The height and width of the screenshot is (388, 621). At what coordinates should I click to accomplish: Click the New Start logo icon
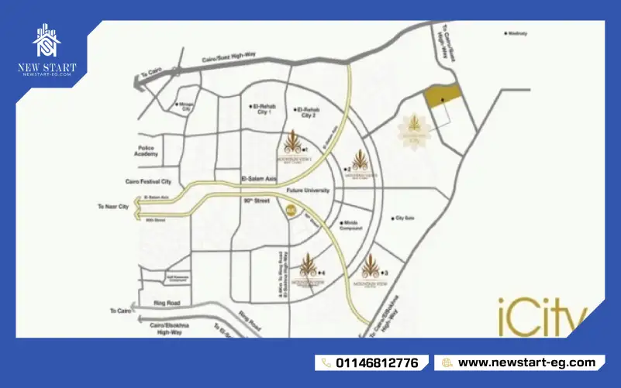pyautogui.click(x=47, y=43)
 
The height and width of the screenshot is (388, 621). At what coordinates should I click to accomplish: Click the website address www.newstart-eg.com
pyautogui.click(x=526, y=362)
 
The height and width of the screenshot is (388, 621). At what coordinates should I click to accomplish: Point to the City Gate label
pyautogui.click(x=405, y=218)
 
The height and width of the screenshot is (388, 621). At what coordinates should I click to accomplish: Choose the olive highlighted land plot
pyautogui.click(x=441, y=97)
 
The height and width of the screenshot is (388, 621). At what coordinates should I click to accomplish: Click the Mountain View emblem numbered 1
pyautogui.click(x=292, y=144)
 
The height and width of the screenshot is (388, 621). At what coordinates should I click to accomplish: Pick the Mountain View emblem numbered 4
pyautogui.click(x=309, y=268)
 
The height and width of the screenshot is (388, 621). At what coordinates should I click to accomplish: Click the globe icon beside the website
pyautogui.click(x=447, y=362)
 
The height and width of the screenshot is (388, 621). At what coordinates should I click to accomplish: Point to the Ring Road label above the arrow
pyautogui.click(x=167, y=301)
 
